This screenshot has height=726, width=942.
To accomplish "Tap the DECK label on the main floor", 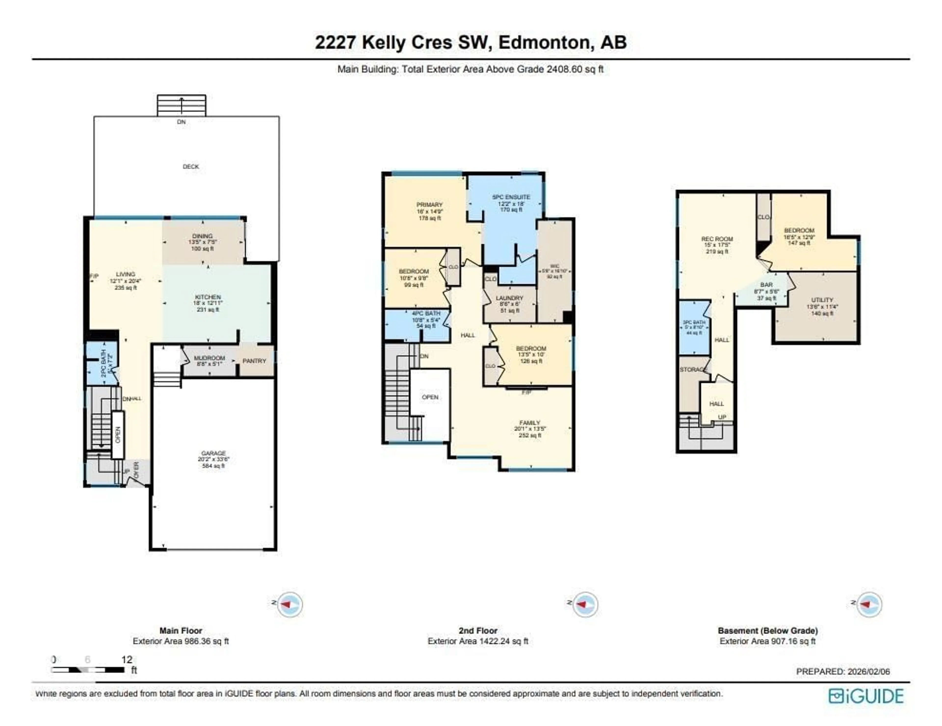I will pyautogui.click(x=191, y=167).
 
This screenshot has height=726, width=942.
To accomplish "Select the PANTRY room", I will pyautogui.click(x=254, y=361).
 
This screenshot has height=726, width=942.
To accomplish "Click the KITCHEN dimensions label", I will pyautogui.click(x=208, y=303).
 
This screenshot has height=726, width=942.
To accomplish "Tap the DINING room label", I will pyautogui.click(x=202, y=236).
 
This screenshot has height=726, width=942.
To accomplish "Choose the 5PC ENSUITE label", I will pyautogui.click(x=511, y=197).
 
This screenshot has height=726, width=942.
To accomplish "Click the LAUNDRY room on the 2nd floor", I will pyautogui.click(x=509, y=298).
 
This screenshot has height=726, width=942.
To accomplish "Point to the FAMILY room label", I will pyautogui.click(x=530, y=423).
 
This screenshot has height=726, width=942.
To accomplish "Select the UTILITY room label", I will pyautogui.click(x=822, y=300).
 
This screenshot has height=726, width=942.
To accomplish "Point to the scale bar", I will pyautogui.click(x=88, y=670).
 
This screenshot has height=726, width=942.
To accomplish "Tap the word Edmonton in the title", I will pyautogui.click(x=544, y=43).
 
